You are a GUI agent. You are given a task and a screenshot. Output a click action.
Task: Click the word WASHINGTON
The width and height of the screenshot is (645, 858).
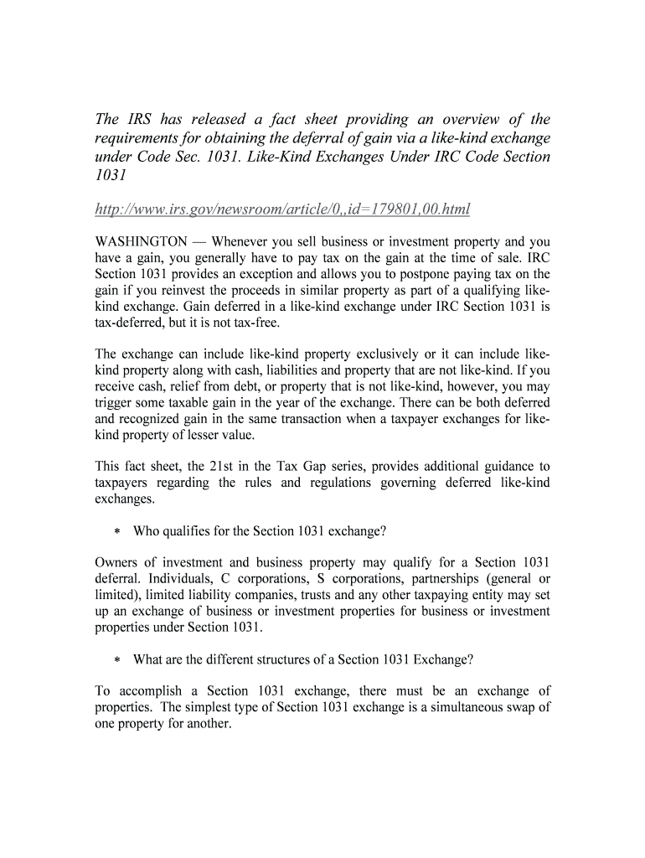142,242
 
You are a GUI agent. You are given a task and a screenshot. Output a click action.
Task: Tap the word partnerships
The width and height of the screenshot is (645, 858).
436,578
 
